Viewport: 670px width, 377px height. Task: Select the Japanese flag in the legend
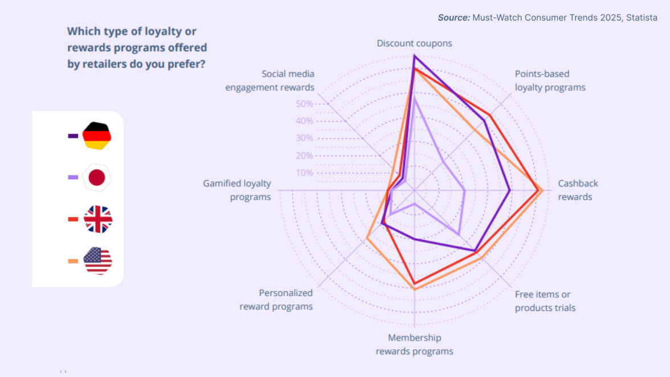click(96, 177)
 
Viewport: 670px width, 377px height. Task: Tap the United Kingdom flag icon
click(98, 219)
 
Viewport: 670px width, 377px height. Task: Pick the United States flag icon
click(97, 261)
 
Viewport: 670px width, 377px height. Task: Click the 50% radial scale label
click(304, 104)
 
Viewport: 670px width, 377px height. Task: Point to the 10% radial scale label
click(304, 173)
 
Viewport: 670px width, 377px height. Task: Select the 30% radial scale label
click(304, 138)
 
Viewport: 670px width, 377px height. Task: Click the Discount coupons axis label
click(414, 43)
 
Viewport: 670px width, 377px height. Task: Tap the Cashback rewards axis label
click(577, 190)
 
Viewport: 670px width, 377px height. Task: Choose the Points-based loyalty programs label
click(550, 80)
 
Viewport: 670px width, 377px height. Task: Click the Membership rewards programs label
click(414, 345)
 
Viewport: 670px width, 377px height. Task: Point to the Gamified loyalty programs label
click(237, 190)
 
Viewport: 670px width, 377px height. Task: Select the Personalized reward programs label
click(276, 300)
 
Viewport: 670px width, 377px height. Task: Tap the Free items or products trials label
click(545, 301)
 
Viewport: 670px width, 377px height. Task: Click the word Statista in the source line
click(642, 18)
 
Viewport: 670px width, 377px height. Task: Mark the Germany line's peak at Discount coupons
click(414, 56)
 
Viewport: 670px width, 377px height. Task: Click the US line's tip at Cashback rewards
click(542, 190)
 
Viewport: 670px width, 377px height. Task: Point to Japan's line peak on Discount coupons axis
click(414, 98)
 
